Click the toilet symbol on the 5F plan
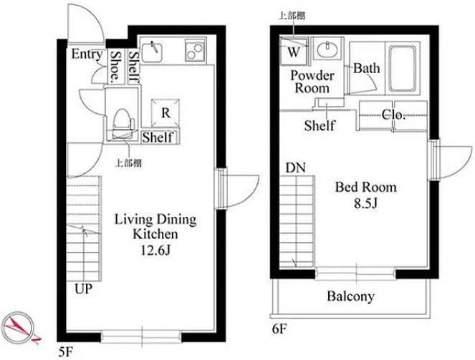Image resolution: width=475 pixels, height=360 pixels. pyautogui.click(x=123, y=123)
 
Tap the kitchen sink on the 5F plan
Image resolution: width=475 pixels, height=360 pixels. pyautogui.click(x=152, y=52)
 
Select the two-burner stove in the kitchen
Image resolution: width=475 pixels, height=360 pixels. pyautogui.click(x=195, y=51)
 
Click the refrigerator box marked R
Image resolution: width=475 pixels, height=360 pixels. pyautogui.click(x=165, y=113)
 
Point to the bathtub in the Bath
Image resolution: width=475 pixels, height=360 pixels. pyautogui.click(x=402, y=69)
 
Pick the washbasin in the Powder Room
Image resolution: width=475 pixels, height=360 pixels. pyautogui.click(x=327, y=49)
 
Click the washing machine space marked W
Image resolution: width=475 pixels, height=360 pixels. pyautogui.click(x=294, y=51)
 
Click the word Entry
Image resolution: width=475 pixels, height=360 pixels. pyautogui.click(x=87, y=54)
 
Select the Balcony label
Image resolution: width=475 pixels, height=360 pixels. pyautogui.click(x=350, y=296)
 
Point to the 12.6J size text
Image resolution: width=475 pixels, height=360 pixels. pyautogui.click(x=156, y=250)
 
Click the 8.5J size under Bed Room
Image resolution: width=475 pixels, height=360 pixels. pyautogui.click(x=366, y=203)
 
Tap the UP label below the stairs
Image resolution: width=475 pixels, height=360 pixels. pyautogui.click(x=84, y=289)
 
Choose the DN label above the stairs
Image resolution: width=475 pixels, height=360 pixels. pyautogui.click(x=296, y=168)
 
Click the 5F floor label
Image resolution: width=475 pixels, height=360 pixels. pyautogui.click(x=65, y=353)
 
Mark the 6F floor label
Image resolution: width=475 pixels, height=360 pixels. pyautogui.click(x=279, y=329)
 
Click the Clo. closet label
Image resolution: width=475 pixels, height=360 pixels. pyautogui.click(x=393, y=115)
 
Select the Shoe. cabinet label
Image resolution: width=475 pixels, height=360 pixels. pyautogui.click(x=115, y=67)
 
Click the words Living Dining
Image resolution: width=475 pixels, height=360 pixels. pyautogui.click(x=155, y=220)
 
